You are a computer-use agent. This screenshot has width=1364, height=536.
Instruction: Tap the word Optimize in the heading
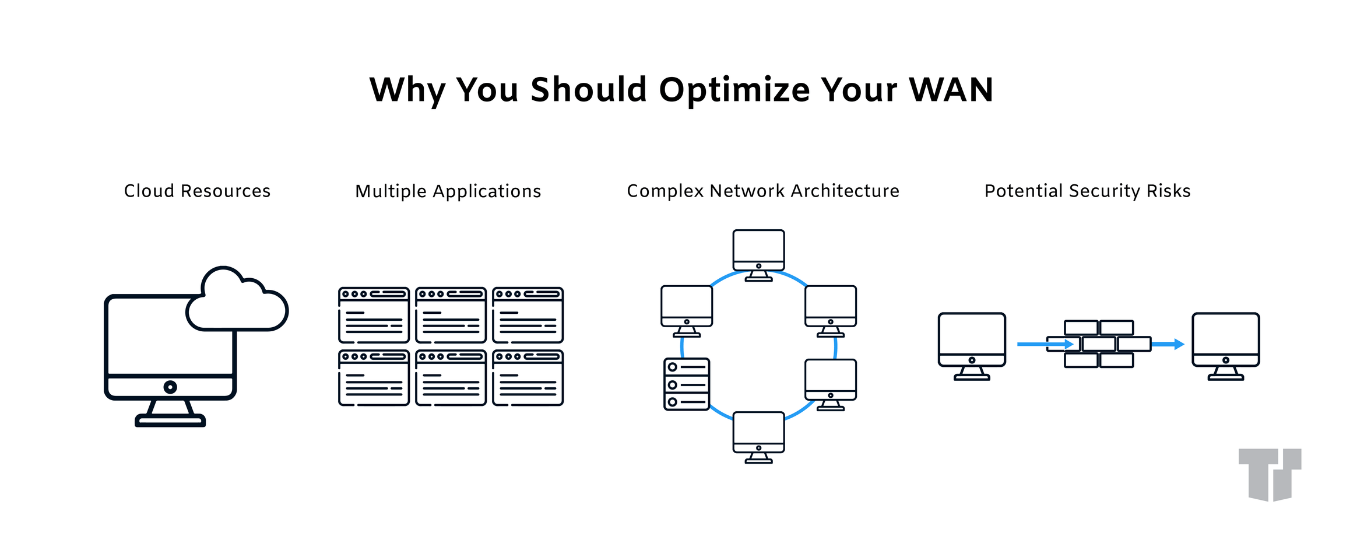click(734, 91)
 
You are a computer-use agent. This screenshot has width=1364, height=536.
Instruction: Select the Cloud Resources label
click(197, 191)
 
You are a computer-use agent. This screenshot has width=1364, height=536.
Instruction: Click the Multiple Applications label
click(448, 191)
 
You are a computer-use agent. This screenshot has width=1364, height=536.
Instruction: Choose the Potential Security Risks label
click(1087, 191)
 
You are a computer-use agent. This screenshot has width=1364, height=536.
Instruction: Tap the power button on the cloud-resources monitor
click(170, 387)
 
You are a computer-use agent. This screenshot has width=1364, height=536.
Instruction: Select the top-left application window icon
click(374, 315)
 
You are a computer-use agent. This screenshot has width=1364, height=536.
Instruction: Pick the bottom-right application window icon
click(528, 378)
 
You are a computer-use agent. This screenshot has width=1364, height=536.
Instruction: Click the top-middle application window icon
click(451, 315)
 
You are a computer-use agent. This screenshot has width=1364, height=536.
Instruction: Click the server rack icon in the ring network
click(687, 384)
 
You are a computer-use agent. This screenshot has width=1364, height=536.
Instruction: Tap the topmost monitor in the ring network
click(758, 254)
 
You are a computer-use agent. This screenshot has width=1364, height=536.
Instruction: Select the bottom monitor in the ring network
click(758, 436)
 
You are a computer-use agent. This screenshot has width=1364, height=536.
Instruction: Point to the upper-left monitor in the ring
click(687, 310)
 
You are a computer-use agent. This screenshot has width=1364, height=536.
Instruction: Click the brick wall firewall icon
click(1099, 344)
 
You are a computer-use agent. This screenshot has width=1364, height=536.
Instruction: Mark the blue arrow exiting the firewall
click(1168, 344)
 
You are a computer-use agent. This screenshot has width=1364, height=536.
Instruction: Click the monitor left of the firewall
click(972, 344)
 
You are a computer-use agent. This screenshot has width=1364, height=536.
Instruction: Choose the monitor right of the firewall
click(1225, 344)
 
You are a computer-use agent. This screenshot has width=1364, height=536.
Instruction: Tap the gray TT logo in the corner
click(1270, 474)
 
